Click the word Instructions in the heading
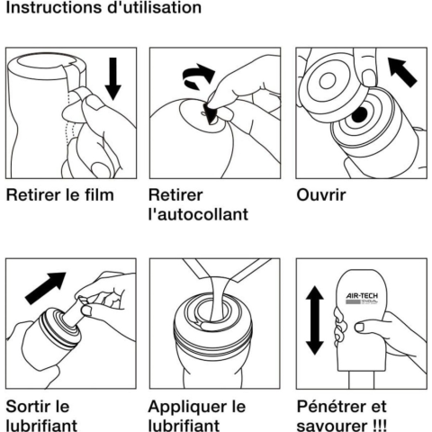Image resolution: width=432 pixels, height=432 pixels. [54, 7]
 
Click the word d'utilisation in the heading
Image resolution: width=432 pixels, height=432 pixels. [154, 7]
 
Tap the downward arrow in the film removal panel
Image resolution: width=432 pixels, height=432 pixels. [113, 78]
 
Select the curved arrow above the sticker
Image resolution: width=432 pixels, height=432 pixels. [198, 76]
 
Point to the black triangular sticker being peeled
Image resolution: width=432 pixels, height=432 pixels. [210, 114]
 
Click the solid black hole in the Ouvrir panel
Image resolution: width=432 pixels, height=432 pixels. [359, 114]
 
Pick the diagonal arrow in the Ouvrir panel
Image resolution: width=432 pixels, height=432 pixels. [402, 72]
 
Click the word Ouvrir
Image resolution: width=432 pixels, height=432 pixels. [321, 195]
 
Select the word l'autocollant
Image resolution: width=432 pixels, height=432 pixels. [198, 214]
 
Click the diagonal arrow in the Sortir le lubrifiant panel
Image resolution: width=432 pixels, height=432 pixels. [45, 288]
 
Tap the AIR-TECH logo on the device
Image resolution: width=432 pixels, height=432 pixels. [362, 298]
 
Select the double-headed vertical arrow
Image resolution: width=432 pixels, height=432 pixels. [315, 320]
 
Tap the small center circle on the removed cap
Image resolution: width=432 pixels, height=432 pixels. [328, 81]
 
